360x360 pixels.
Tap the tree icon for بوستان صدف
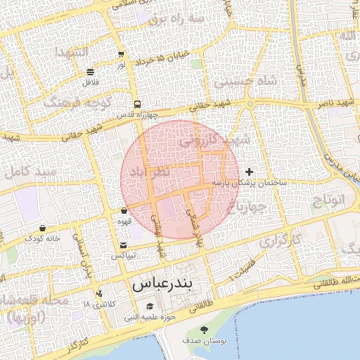pos(205,330)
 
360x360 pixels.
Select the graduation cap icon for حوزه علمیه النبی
pos(149,307)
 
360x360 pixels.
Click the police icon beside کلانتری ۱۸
pos(98,293)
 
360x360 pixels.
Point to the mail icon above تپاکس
pos(124,245)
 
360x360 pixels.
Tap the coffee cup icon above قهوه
pos(124,210)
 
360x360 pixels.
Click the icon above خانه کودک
pos(44,228)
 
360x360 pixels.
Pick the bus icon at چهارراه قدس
pos(137,103)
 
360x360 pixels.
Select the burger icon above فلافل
pos(90,72)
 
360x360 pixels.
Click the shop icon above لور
pos(121,53)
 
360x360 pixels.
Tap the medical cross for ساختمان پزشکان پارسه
pos(249,172)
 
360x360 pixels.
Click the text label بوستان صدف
pos(205,341)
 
